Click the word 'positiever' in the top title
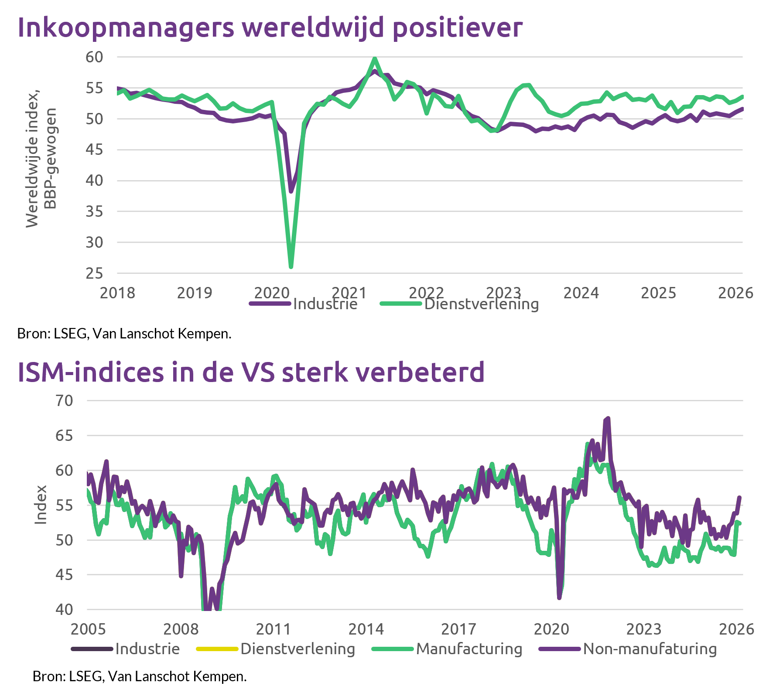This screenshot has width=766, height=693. click(x=457, y=28)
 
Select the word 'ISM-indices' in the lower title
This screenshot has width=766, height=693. click(x=91, y=372)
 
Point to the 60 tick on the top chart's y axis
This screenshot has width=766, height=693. click(x=94, y=57)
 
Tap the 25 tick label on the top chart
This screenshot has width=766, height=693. click(x=94, y=273)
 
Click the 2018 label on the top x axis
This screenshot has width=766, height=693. click(x=117, y=293)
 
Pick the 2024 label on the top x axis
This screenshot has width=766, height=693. click(x=581, y=293)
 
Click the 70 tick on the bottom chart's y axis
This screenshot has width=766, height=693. click(x=64, y=400)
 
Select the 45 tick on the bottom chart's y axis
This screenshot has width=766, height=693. click(x=64, y=575)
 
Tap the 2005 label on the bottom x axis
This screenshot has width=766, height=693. click(x=88, y=629)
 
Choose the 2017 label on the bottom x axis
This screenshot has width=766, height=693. click(x=458, y=629)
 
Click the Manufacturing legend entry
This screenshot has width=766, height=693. click(x=469, y=649)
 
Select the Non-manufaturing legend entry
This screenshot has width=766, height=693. click(x=650, y=649)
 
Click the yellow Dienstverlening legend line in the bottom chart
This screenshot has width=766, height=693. click(x=217, y=649)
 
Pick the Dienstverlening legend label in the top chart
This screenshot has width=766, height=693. click(x=481, y=304)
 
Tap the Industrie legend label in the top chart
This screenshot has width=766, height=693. click(x=325, y=304)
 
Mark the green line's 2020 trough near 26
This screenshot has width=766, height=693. click(x=291, y=266)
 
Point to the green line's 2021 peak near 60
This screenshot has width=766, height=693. click(x=375, y=58)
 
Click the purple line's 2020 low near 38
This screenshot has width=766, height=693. click(x=291, y=191)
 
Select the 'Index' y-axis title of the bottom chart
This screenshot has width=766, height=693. click(x=41, y=505)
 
